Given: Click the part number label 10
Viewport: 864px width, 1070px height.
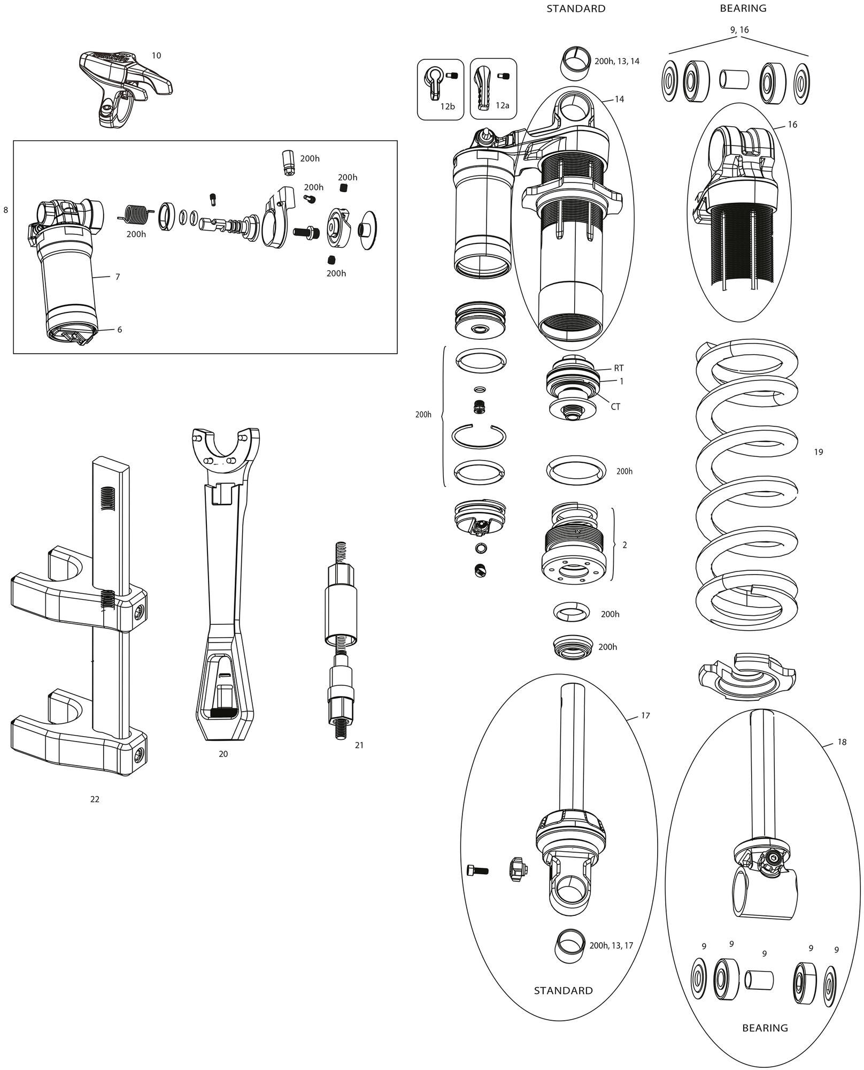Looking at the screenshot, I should coord(156,56).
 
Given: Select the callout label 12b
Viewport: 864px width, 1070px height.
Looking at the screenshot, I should coord(448,106).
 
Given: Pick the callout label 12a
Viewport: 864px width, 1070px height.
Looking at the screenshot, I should coord(502,106).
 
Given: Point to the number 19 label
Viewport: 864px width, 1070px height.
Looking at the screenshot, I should coord(818,452).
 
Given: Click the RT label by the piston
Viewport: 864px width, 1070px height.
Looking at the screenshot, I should coord(619,369).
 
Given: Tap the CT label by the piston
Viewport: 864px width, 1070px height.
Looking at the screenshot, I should coord(615,407).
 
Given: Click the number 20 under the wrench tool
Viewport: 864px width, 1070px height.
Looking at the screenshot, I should coord(223,754).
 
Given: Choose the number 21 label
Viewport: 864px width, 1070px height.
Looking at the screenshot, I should coord(359,745).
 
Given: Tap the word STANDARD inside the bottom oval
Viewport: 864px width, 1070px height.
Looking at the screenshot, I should coord(563,990).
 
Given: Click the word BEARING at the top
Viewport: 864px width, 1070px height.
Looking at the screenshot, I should coord(743,9).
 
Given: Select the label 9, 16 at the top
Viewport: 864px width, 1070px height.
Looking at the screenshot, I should coord(739,30).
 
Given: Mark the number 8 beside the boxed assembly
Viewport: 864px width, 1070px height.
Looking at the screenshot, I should coord(6,210).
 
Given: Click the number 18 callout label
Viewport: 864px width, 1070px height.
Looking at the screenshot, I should coord(842,742).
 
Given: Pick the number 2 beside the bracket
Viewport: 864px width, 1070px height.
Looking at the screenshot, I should coord(624,545).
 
